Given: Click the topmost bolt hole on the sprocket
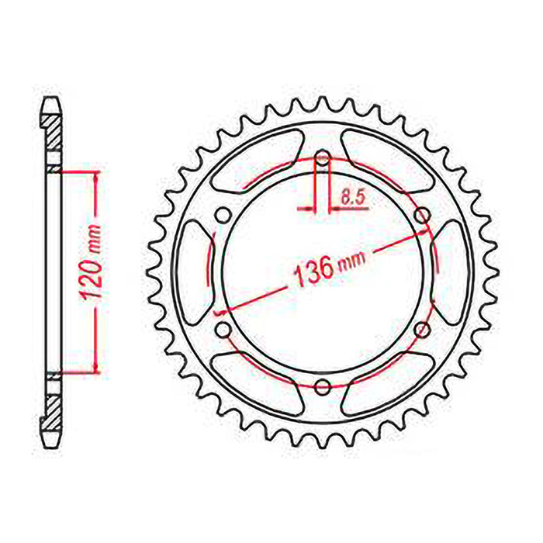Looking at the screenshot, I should pyautogui.click(x=323, y=161).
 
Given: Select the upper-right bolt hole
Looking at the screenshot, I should pyautogui.click(x=423, y=215).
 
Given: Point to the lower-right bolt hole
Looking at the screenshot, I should pyautogui.click(x=423, y=330).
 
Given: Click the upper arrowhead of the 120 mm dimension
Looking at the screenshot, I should pyautogui.click(x=95, y=177).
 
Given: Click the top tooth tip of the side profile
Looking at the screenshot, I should pyautogui.click(x=51, y=101).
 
